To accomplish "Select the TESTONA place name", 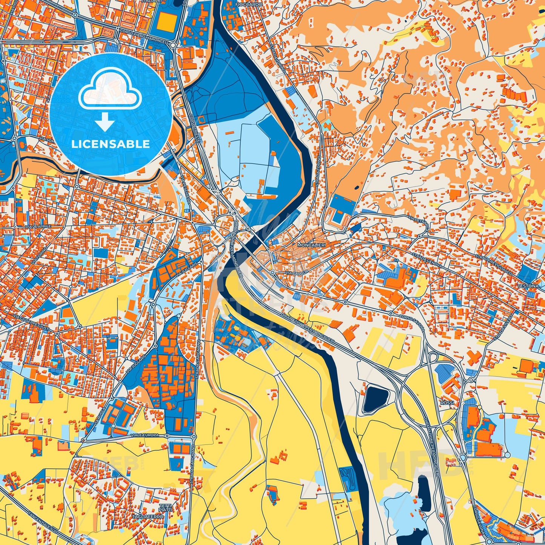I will pos(528,286).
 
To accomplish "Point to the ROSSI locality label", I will pos(448,403).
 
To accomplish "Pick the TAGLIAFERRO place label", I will pos(150,516).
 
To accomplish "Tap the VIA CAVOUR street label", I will pos(296,272).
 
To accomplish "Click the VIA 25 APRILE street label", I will pos(38,226).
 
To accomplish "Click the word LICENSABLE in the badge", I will pos(111,144).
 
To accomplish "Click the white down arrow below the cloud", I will pos(105,123).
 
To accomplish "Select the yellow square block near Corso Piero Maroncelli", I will pos(163,22).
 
